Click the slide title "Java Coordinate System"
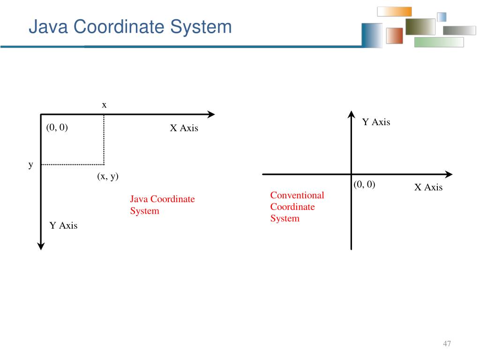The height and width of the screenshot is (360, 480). pyautogui.click(x=130, y=27)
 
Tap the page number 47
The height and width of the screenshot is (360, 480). pyautogui.click(x=447, y=344)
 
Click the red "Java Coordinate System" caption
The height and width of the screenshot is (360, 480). pyautogui.click(x=162, y=205)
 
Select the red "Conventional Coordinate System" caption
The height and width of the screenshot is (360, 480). pyautogui.click(x=297, y=207)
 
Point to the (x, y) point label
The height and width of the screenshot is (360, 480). pyautogui.click(x=108, y=176)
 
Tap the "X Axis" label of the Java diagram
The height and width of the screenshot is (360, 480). pyautogui.click(x=184, y=128)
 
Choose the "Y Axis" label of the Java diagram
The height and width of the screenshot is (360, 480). pyautogui.click(x=63, y=225)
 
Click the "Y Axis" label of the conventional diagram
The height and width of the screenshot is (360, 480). pyautogui.click(x=376, y=122)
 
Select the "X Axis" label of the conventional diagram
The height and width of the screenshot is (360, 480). pyautogui.click(x=428, y=187)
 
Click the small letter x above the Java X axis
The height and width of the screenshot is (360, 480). pyautogui.click(x=104, y=105)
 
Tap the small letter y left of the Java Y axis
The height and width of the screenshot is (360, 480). pyautogui.click(x=31, y=165)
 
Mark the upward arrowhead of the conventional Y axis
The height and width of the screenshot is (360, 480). pyautogui.click(x=351, y=114)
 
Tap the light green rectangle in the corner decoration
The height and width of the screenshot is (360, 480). pyautogui.click(x=439, y=42)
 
